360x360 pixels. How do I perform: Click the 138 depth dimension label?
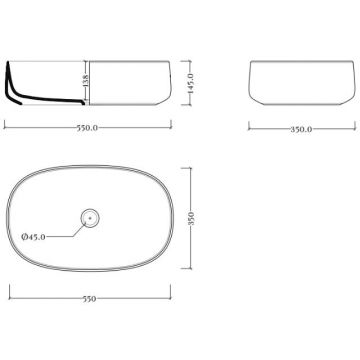point(85,81)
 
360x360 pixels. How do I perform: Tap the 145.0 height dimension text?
point(190,83)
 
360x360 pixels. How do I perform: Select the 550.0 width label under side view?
point(88,128)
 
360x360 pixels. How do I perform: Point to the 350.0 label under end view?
point(301,130)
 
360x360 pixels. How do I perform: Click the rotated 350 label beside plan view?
point(191,219)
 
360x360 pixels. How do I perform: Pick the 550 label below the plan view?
point(90,299)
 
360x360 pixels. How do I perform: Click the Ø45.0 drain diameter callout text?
point(33,237)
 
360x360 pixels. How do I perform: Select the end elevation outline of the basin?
point(302,61)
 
